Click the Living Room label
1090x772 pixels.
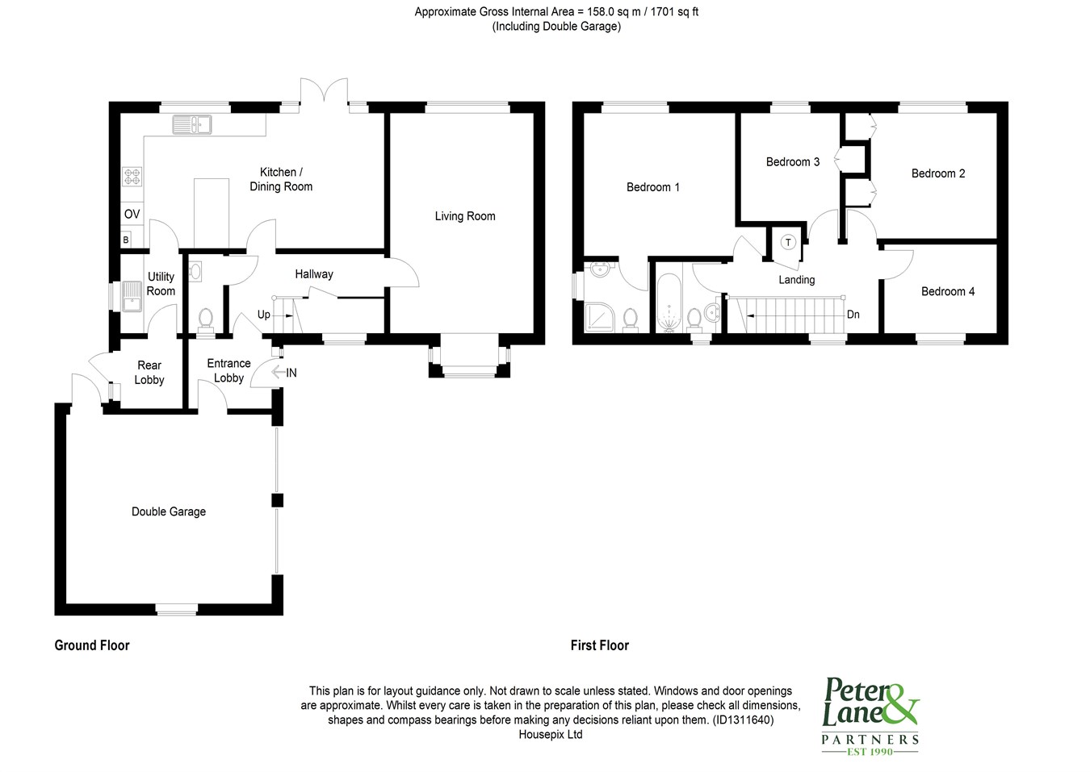coord(465,216)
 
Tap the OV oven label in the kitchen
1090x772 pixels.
coord(132,214)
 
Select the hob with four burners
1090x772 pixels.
coord(132,177)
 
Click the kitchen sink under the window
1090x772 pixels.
coord(191,124)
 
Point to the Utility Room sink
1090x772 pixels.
coord(132,296)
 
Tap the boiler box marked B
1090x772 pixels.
coord(126,240)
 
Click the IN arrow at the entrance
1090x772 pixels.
coord(278,373)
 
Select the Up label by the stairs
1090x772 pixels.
coord(264,315)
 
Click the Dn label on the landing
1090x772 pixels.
coord(853,315)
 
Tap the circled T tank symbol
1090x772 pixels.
coord(788,242)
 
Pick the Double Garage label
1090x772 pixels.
coord(169,511)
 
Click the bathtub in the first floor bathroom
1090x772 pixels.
coord(669,303)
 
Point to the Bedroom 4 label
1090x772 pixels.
coord(947,292)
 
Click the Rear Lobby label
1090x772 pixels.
coord(149,373)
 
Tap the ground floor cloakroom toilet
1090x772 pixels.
coord(206,322)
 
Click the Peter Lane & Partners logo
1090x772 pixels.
coord(870,716)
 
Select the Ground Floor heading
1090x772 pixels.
coord(92,645)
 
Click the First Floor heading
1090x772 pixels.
coord(599,645)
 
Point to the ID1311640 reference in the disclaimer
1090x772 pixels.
coord(743,720)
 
